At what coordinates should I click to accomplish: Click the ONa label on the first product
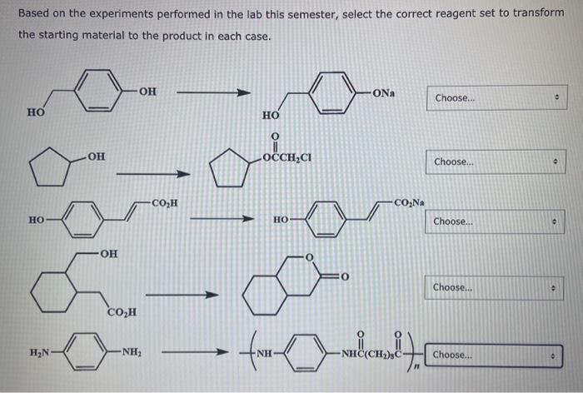[x=386, y=92]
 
